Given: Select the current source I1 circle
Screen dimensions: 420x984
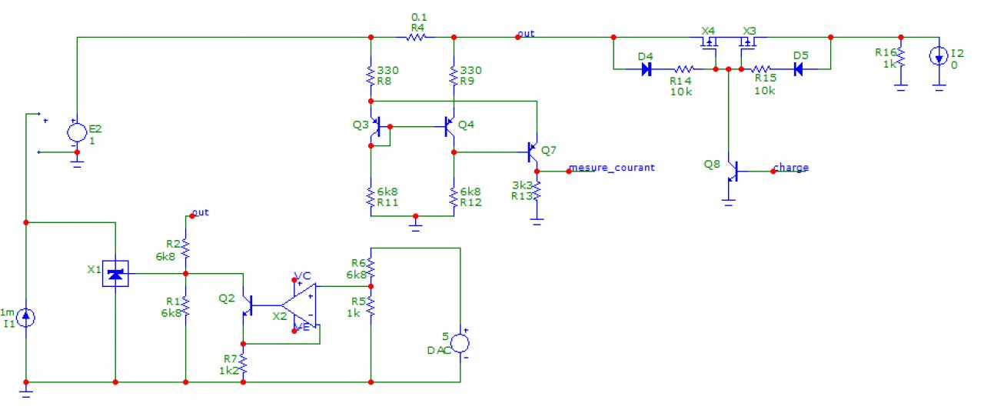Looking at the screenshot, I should [26, 317].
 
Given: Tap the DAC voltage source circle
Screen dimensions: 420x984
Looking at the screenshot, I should [460, 344].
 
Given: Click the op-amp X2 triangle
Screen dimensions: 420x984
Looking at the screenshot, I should [301, 307].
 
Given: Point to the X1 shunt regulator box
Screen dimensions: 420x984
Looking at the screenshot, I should [115, 272].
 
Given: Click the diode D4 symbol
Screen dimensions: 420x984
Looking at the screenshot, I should [647, 68].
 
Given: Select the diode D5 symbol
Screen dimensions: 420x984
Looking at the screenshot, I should [799, 68].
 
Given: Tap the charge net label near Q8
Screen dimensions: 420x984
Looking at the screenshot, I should [790, 168].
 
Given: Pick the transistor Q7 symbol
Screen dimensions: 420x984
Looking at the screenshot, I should [532, 152].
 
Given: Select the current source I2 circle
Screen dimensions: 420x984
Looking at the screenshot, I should [939, 56].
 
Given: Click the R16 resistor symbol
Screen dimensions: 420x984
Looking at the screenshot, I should [901, 57].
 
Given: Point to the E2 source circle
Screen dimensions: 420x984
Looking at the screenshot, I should [77, 132].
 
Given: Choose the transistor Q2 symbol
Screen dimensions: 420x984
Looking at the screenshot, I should [245, 305].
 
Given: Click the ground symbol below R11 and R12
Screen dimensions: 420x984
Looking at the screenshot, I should [416, 225].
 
